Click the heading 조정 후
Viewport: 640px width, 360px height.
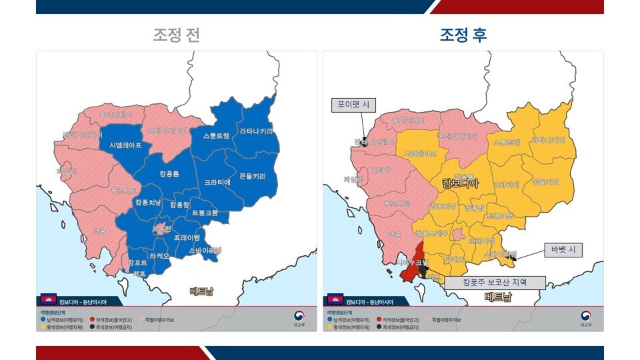(x=463, y=35)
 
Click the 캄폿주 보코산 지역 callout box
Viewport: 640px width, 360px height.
(x=495, y=283)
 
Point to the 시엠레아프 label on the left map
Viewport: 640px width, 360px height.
(x=125, y=145)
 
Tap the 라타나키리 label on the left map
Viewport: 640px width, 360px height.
(x=256, y=131)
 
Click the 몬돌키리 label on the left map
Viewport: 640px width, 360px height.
(x=252, y=177)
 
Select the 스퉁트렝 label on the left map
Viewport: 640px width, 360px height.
(x=216, y=135)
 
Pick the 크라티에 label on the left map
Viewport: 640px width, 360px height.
(x=217, y=181)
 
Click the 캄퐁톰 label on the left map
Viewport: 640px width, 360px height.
(x=169, y=173)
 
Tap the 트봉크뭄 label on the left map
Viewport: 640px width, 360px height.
(x=205, y=213)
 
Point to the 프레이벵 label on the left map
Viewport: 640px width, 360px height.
(x=187, y=237)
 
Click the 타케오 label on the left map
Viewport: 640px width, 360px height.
(x=159, y=255)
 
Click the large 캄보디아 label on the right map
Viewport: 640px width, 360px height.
(x=460, y=183)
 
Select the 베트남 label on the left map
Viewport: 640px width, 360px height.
(x=201, y=291)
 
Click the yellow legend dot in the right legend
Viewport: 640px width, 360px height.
(x=329, y=327)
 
